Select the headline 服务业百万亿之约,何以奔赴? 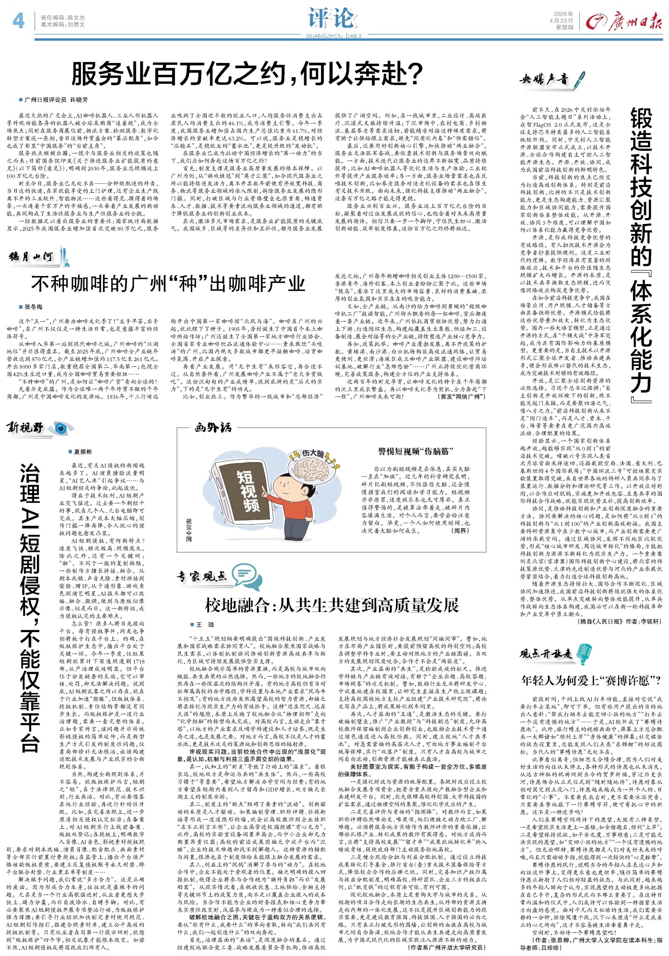(x=247, y=74)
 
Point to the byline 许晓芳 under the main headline (x=79, y=100)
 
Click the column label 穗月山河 (x=31, y=257)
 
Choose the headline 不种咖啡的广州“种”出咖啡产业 (x=168, y=284)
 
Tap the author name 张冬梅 (x=34, y=307)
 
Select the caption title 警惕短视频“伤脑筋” (x=415, y=451)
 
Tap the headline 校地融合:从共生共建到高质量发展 (x=332, y=605)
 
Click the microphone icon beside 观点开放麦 (x=584, y=654)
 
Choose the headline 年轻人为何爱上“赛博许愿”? (x=591, y=681)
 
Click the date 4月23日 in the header (x=561, y=21)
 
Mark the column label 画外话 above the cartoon (x=213, y=428)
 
